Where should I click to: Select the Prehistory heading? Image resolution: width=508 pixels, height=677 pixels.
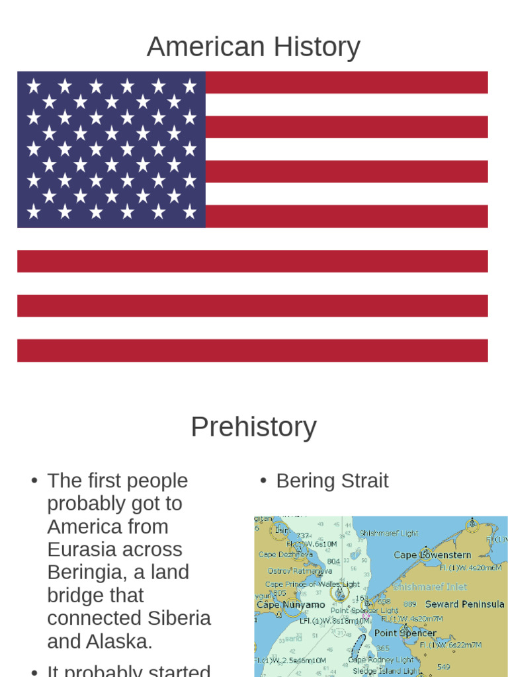(x=253, y=426)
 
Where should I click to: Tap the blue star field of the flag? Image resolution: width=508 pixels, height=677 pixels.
(x=111, y=149)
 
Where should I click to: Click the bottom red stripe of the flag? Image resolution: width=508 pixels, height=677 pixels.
(x=252, y=350)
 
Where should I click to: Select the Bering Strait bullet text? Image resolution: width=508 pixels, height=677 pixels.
(x=332, y=481)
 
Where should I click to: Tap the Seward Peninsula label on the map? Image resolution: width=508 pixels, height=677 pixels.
(x=464, y=604)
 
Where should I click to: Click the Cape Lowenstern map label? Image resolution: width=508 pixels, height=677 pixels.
(x=433, y=555)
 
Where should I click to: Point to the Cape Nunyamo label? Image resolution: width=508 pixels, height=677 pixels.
(x=290, y=604)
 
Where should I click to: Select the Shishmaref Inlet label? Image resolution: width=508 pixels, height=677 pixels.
(x=430, y=586)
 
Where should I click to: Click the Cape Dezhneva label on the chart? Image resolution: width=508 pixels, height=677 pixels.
(x=285, y=555)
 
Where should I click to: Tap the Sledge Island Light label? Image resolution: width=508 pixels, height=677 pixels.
(x=386, y=670)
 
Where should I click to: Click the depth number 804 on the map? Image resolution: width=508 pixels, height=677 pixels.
(x=333, y=561)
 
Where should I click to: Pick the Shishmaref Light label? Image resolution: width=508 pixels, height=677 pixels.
(x=389, y=533)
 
